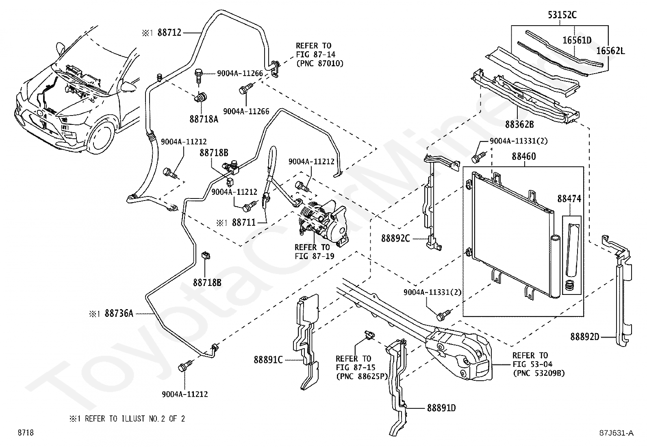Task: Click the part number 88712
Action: [169, 33]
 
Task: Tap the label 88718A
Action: [204, 119]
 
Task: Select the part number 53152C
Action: [562, 15]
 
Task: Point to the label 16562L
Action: [610, 51]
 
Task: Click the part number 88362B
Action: [520, 124]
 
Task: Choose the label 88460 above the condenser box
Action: [524, 157]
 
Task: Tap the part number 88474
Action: [569, 198]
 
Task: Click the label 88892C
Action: [395, 238]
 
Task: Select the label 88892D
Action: [584, 337]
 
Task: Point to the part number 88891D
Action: [441, 408]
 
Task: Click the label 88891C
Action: [268, 360]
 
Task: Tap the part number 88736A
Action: [119, 313]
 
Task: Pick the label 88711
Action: [244, 222]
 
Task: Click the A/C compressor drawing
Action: [322, 224]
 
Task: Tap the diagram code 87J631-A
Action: [617, 433]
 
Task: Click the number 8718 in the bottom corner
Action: [26, 432]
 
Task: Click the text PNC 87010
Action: [320, 63]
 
